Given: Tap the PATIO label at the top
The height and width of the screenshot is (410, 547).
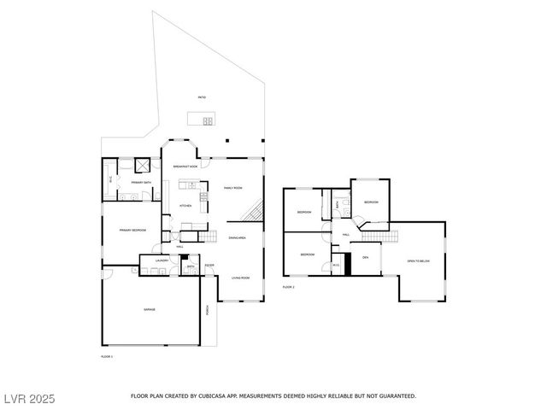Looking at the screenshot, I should pos(201,97).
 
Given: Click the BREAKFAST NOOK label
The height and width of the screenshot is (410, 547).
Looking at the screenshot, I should pos(185,167).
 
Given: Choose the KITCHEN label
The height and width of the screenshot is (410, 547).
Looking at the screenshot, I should pos(185,205).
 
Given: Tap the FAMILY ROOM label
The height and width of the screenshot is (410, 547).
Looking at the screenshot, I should pos(232,187).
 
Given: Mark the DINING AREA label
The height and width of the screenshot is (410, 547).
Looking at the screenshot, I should pos(237,237).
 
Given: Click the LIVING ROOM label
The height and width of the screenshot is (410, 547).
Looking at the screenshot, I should pos(240,278).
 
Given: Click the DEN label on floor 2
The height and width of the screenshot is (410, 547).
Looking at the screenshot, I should pos(365,257).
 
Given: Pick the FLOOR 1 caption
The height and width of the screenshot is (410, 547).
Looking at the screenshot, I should pos(107,355).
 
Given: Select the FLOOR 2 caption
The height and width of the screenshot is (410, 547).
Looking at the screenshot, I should pos(288,287).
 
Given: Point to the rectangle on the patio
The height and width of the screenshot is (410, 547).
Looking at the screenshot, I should pos(202,118).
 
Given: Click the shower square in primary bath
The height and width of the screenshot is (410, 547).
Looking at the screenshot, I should pos(144,166).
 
